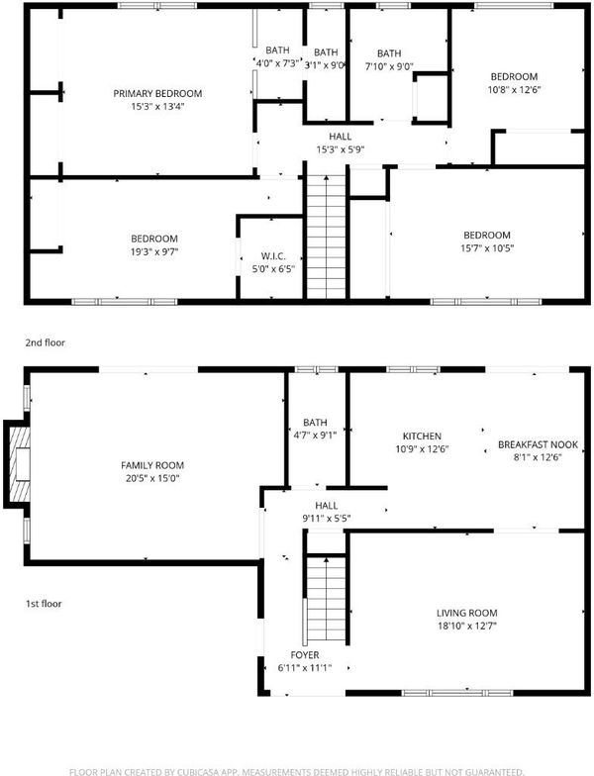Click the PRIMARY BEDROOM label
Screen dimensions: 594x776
(x=157, y=93)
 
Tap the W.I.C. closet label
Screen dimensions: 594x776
(x=273, y=256)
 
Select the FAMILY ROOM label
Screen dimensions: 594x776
(x=152, y=465)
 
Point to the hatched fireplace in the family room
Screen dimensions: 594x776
(x=17, y=464)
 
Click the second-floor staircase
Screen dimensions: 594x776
(x=327, y=237)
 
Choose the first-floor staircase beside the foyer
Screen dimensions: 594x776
(x=325, y=600)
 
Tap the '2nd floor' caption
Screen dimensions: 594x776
(x=46, y=342)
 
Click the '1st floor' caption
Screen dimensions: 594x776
(x=44, y=604)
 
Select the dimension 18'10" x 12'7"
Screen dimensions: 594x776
(x=467, y=626)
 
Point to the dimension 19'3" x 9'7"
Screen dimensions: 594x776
(x=154, y=251)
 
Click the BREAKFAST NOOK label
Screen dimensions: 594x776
(x=538, y=444)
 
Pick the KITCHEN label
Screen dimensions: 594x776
(x=422, y=436)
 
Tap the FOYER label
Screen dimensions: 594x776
(x=305, y=655)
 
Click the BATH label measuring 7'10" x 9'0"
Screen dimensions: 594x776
(x=389, y=53)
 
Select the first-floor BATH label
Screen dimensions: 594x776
(x=315, y=422)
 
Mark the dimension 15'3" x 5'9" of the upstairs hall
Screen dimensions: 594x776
(x=341, y=149)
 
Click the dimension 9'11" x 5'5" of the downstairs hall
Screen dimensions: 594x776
(x=327, y=519)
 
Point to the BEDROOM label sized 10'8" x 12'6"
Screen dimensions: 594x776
(x=514, y=77)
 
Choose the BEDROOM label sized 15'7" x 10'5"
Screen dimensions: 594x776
(x=487, y=236)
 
